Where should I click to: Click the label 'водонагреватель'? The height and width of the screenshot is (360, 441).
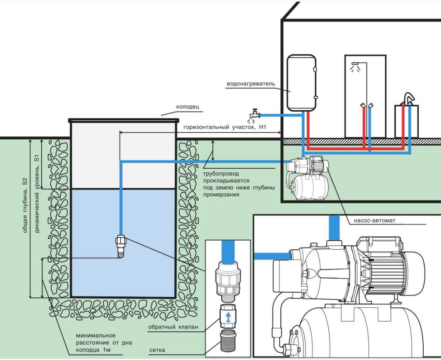251,84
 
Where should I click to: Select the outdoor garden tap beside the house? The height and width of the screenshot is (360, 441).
254,113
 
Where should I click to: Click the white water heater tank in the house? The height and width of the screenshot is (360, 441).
302,82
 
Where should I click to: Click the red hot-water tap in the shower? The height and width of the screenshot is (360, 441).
363,106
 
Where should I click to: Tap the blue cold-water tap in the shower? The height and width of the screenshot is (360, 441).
371,106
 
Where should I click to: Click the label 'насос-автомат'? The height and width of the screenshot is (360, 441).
375,221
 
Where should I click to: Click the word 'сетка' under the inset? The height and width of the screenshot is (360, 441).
157,350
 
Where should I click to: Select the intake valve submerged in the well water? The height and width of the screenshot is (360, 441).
120,247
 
